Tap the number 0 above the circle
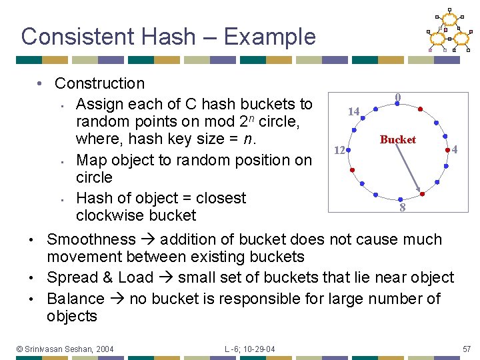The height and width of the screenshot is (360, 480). click(397, 97)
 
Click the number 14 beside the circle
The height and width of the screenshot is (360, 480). click(353, 111)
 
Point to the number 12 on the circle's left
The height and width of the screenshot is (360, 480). click(339, 151)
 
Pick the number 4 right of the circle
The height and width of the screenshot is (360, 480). click(454, 150)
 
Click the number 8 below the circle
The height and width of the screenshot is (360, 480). click(402, 208)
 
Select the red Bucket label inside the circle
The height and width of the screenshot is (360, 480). click(397, 139)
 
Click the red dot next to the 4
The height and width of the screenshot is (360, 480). click(447, 151)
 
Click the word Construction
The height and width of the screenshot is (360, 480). click(99, 83)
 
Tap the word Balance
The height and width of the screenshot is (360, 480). click(76, 299)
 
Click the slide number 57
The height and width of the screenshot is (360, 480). click(466, 349)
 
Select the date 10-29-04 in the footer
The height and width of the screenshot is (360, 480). click(261, 349)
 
